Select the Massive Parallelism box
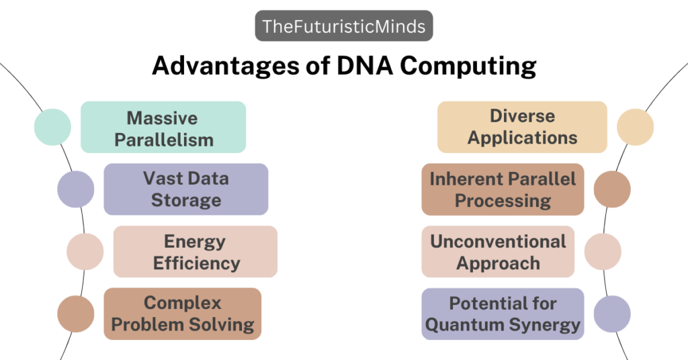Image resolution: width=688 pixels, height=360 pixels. point(163,128)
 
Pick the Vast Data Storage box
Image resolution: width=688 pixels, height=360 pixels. point(186,189)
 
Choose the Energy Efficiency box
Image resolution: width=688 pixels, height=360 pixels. point(196,252)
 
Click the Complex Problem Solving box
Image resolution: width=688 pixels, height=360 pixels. point(183,314)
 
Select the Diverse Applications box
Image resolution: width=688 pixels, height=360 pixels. point(522,127)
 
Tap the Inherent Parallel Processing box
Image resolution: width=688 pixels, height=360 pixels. point(503,189)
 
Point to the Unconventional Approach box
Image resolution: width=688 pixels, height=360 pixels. point(498,252)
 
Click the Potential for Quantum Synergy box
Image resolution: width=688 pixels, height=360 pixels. point(503,314)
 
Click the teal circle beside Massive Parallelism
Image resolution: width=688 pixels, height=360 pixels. point(52,127)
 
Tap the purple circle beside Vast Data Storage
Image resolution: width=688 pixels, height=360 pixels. point(76,189)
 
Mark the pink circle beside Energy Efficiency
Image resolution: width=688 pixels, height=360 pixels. point(85,252)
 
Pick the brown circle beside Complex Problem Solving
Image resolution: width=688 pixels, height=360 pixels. point(76,314)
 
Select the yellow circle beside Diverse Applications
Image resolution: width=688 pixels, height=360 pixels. point(635,127)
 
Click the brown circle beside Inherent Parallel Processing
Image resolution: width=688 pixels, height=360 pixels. point(612,189)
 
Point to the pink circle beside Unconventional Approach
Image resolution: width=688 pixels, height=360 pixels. point(603,252)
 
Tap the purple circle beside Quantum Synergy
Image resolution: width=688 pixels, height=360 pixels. point(612,314)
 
